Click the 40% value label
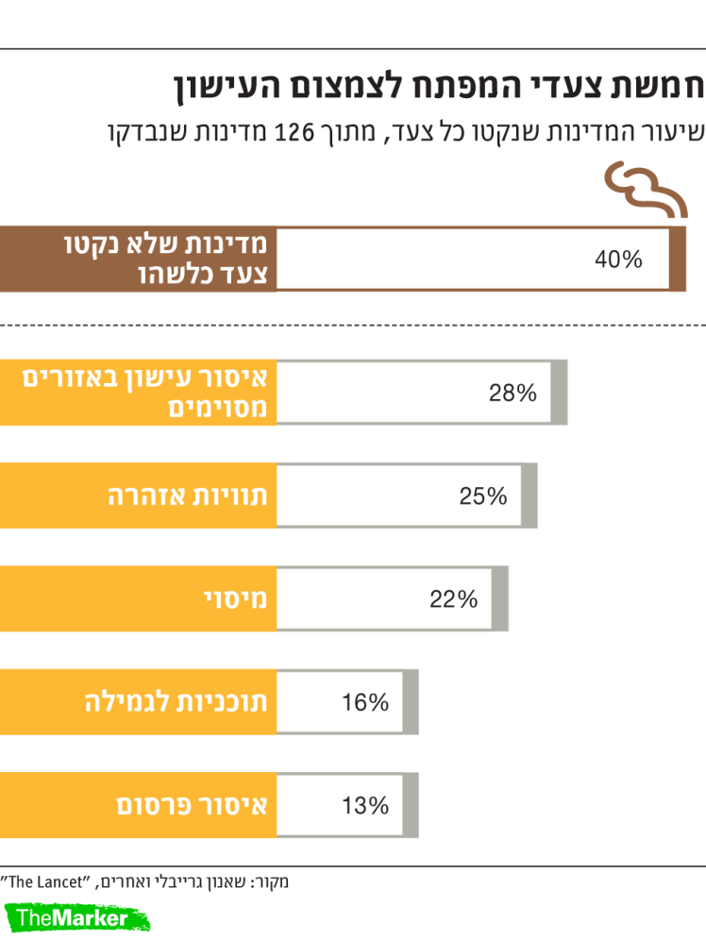pos(618,260)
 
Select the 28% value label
pos(513,393)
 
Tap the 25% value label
pos(483,496)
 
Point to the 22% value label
pos(454,599)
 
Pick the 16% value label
pos(364,702)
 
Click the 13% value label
pos(364,806)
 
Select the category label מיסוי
pos(236,599)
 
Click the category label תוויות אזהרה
pos(188,496)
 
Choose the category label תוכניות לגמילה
pos(176,702)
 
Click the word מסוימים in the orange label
pos(217,409)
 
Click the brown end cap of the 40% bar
pos(677,259)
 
